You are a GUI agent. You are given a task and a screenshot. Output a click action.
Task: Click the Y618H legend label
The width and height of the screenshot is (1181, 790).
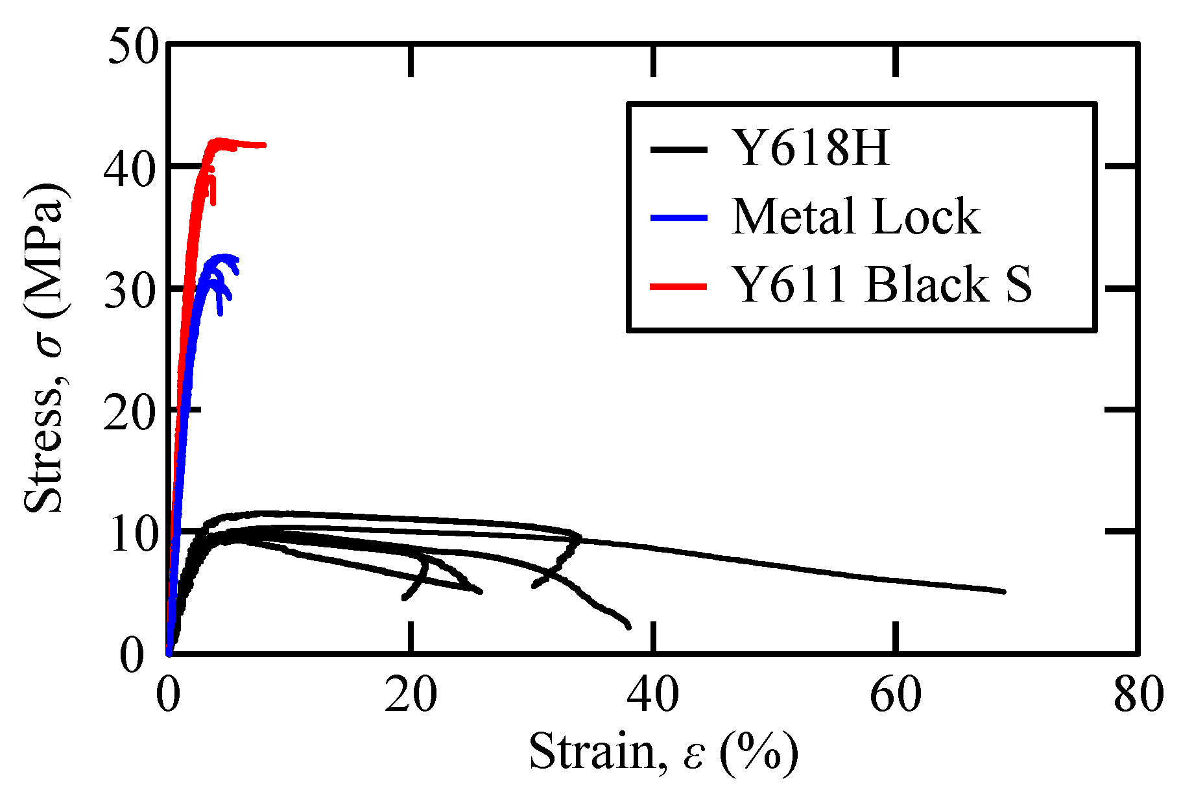pos(810,148)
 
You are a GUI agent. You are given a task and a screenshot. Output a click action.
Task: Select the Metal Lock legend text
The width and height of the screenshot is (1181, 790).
pos(855,217)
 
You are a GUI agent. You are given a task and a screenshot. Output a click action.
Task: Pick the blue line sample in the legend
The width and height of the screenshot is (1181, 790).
pos(678,218)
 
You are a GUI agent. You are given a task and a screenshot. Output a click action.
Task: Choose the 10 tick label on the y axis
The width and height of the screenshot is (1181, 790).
pos(133,533)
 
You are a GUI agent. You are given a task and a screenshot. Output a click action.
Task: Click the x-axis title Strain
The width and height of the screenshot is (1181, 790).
pos(663,752)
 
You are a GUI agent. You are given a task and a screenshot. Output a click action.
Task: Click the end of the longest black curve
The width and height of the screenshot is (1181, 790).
pos(1003,592)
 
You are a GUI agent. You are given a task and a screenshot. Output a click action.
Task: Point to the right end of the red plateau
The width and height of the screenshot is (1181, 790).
pos(264,145)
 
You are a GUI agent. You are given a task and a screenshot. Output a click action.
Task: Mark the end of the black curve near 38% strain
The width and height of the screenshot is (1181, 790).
pos(628,626)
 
